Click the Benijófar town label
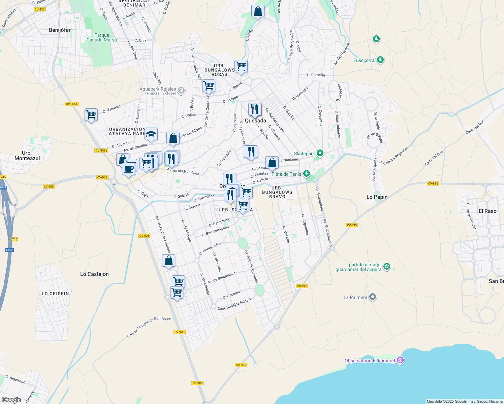pyautogui.click(x=60, y=30)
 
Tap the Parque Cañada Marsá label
pyautogui.click(x=101, y=37)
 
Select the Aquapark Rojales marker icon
pyautogui.click(x=181, y=90)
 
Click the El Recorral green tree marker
pyautogui.click(x=380, y=60)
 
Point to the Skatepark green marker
pyautogui.click(x=320, y=154)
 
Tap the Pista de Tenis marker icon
pyautogui.click(x=306, y=174)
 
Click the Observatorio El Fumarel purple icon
pyautogui.click(x=400, y=361)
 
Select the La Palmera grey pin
pyautogui.click(x=372, y=297)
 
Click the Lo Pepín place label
pyautogui.click(x=377, y=197)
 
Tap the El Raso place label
pyautogui.click(x=487, y=211)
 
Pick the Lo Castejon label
pyautogui.click(x=94, y=274)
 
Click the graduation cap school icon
pyautogui.click(x=151, y=134)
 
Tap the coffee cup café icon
pyautogui.click(x=128, y=169)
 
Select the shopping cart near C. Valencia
pyautogui.click(x=91, y=115)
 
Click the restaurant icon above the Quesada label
pyautogui.click(x=255, y=109)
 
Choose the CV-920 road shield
pyautogui.click(x=39, y=9)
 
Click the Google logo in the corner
pyautogui.click(x=11, y=400)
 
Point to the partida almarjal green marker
pyautogui.click(x=387, y=267)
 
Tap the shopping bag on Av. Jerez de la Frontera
pyautogui.click(x=168, y=261)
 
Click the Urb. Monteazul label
pyautogui.click(x=27, y=156)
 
